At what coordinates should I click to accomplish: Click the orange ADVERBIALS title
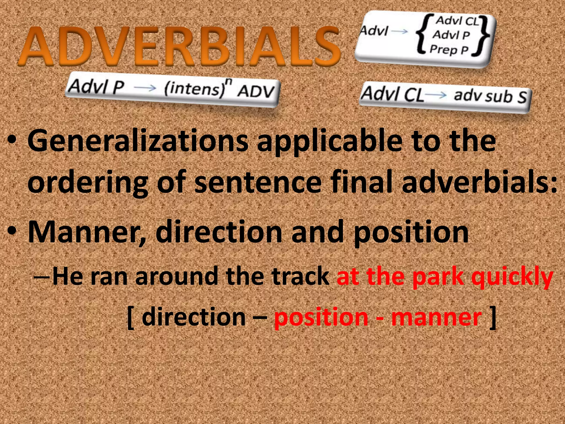[x=179, y=46]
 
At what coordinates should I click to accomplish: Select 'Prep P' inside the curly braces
[x=449, y=50]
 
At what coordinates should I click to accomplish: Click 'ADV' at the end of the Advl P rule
[x=256, y=91]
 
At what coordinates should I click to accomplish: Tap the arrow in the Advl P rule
[x=145, y=88]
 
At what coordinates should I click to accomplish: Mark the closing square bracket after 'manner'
[x=492, y=317]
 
